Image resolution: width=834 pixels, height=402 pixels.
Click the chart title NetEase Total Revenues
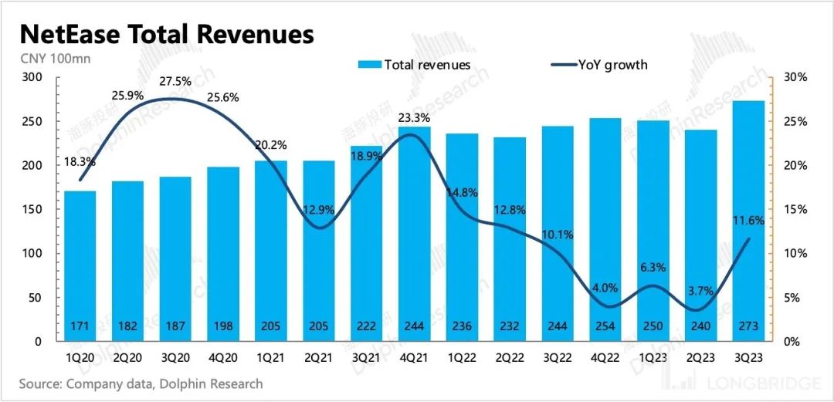click(166, 35)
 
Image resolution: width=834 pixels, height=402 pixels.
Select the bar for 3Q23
click(749, 224)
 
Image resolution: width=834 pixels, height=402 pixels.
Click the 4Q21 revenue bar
click(415, 231)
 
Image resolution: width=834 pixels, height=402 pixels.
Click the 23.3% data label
click(415, 118)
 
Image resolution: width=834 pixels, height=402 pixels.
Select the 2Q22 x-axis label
click(510, 357)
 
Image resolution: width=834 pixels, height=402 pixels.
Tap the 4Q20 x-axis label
click(223, 357)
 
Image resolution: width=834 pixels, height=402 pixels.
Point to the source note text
click(141, 383)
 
